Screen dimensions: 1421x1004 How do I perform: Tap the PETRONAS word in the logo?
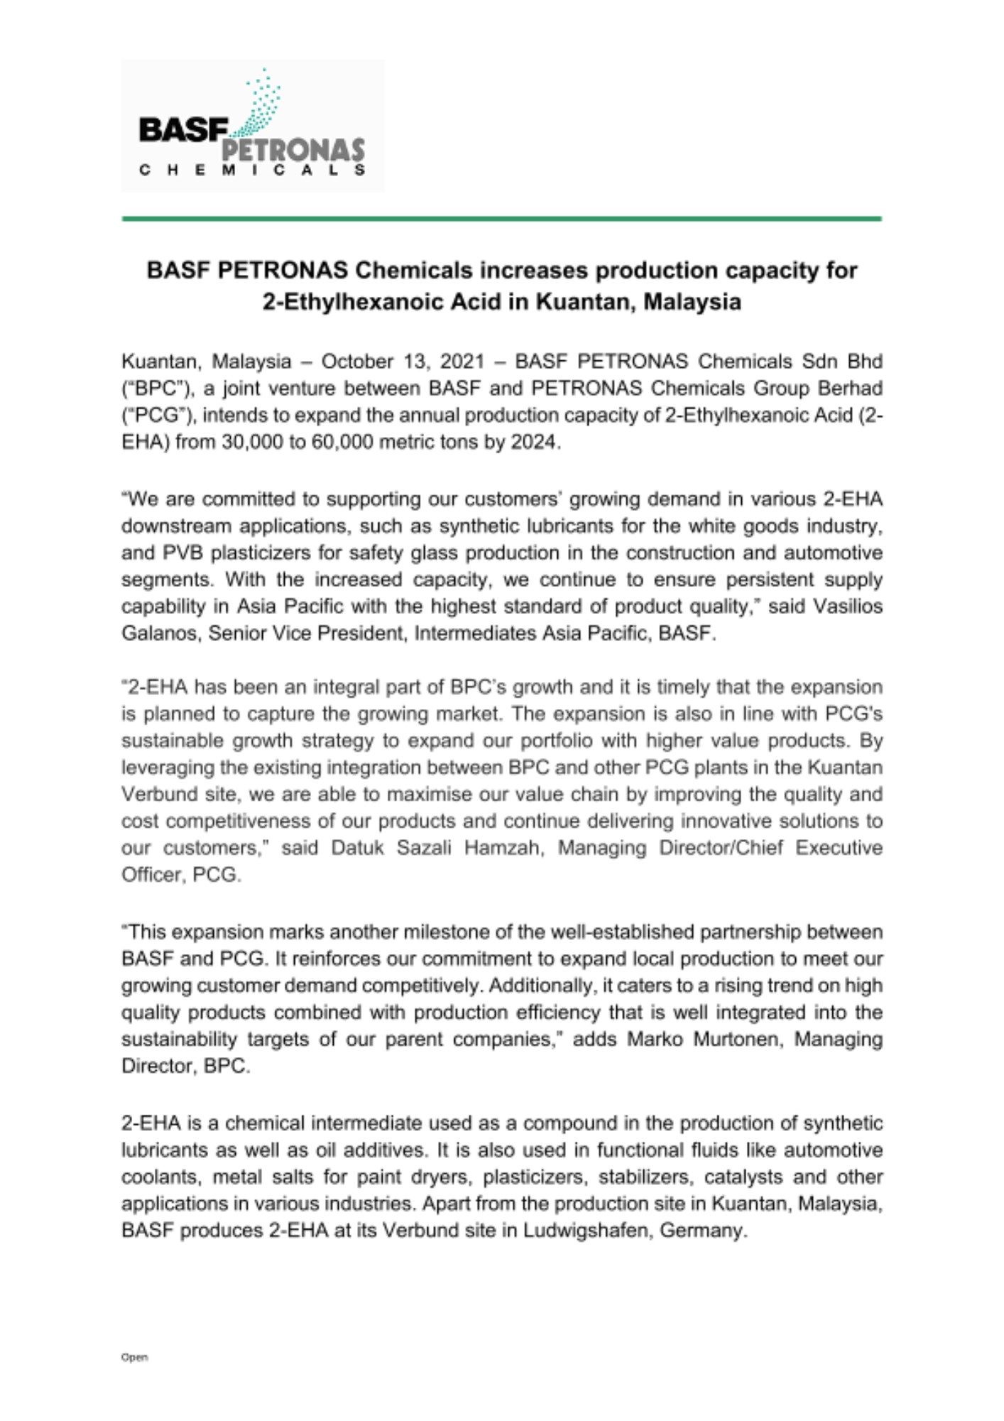pos(294,150)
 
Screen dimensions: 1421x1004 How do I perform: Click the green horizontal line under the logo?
pos(501,219)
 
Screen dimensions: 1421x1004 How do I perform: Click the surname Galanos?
pos(160,633)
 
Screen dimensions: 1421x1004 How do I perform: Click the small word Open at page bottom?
pos(134,1357)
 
